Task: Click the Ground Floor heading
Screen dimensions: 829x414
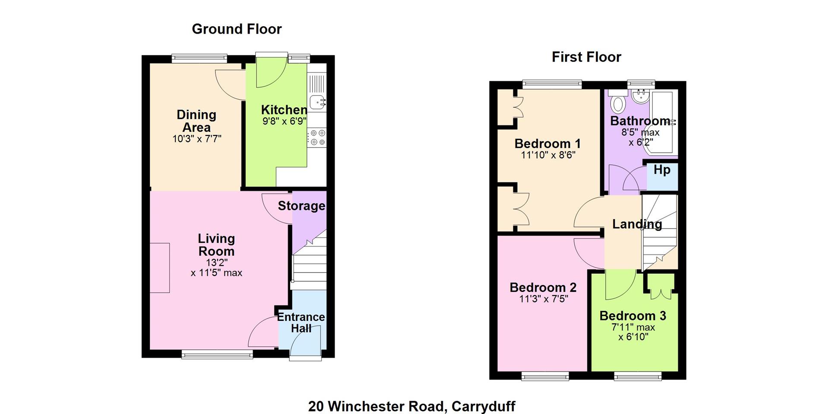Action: click(237, 29)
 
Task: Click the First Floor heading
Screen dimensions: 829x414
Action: click(586, 57)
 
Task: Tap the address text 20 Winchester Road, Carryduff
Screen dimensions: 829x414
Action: click(412, 406)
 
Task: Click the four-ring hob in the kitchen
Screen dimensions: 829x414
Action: click(318, 138)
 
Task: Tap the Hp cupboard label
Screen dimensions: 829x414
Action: click(662, 169)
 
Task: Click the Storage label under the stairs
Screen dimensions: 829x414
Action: click(301, 206)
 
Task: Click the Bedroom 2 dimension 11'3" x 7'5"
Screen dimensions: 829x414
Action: click(543, 298)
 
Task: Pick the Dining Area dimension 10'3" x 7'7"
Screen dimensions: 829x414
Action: click(196, 138)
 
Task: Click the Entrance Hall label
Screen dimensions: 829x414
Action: click(301, 323)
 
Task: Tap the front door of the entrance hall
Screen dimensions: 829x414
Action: click(306, 343)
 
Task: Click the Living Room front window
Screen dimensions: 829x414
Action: click(217, 354)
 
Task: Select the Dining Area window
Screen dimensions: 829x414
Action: click(199, 59)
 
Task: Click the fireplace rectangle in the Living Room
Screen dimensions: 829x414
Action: click(160, 268)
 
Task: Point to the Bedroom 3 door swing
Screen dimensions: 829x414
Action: click(620, 285)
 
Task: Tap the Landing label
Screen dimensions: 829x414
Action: click(637, 224)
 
